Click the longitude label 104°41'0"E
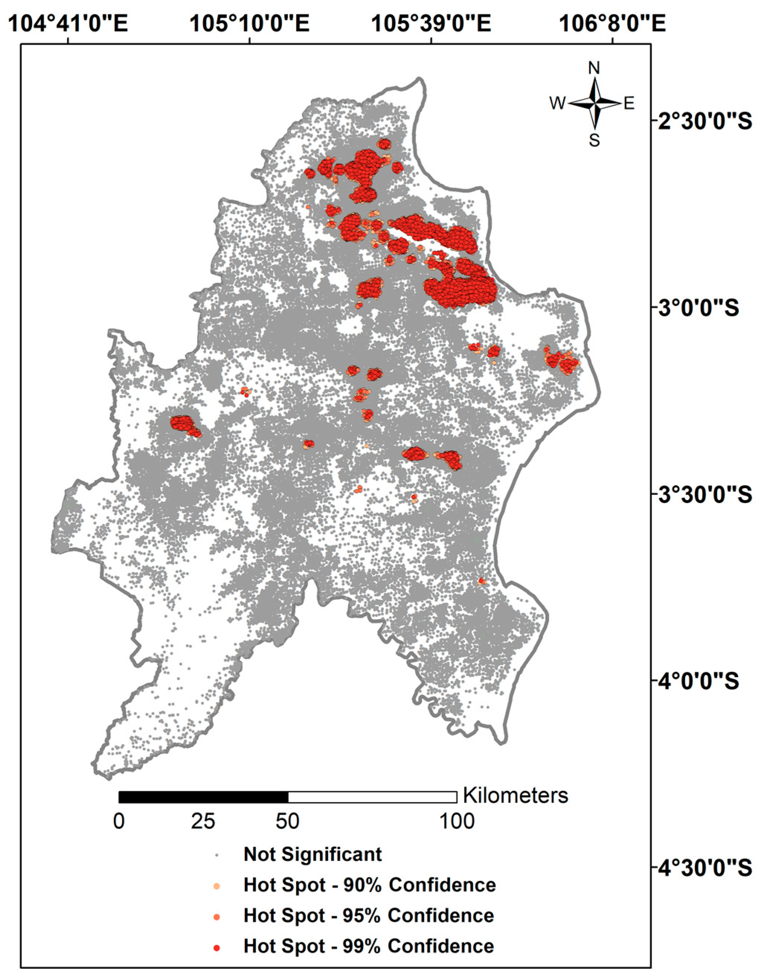coord(68,23)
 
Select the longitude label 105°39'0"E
coord(431,23)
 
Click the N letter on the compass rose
coord(594,68)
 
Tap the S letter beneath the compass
coord(594,141)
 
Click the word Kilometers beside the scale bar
coord(515,796)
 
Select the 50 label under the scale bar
coord(287,821)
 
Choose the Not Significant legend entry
coord(312,854)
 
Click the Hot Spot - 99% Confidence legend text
coord(368,946)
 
